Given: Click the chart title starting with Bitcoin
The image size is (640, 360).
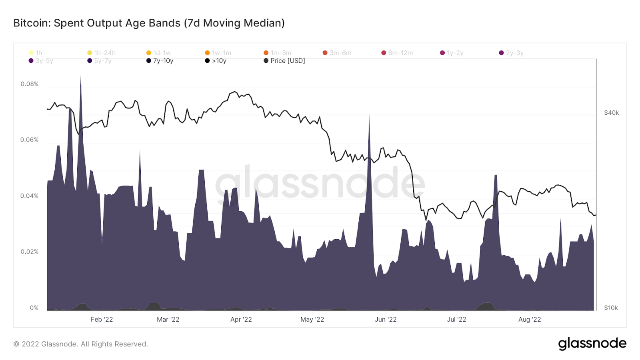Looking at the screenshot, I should (149, 23).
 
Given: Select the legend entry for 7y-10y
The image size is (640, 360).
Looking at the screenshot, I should (160, 61).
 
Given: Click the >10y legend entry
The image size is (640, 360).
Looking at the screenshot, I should (216, 61).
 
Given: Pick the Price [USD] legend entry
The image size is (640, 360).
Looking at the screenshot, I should (284, 61).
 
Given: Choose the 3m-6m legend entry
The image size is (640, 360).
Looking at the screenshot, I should (337, 53).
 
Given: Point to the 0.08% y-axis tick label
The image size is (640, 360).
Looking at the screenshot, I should (30, 84).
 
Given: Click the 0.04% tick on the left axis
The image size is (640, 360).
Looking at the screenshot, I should (30, 196).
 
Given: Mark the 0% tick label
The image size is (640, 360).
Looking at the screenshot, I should (34, 308).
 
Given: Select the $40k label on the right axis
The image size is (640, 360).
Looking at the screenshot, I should (611, 113).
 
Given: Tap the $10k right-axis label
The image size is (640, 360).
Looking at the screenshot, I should (611, 308).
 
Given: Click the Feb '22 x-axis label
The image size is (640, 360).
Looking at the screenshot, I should (102, 320).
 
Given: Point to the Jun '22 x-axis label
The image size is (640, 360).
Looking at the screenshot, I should (386, 320).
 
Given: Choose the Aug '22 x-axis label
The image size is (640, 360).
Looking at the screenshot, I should (530, 320).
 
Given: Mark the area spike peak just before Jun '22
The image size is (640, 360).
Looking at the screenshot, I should (369, 116).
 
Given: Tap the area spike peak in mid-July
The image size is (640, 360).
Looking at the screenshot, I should (496, 176).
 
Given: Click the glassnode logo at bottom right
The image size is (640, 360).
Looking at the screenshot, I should (592, 344).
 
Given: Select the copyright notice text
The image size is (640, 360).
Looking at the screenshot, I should (81, 344).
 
